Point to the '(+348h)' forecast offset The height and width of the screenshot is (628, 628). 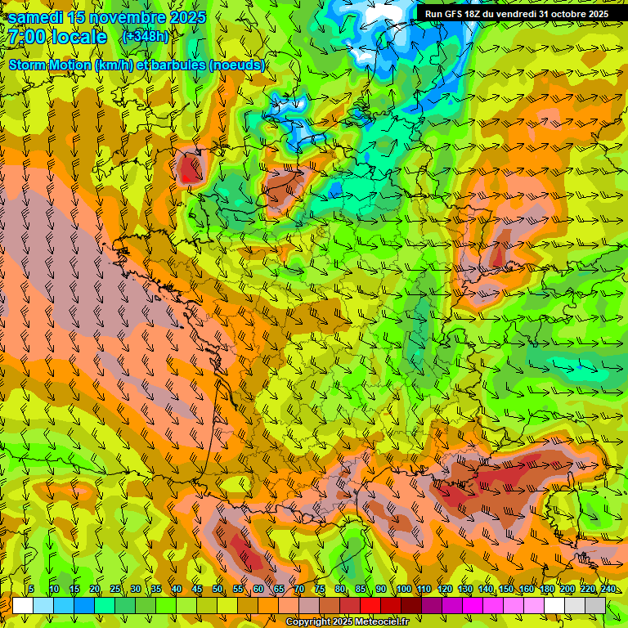[146, 36]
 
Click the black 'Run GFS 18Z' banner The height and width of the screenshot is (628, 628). [516, 14]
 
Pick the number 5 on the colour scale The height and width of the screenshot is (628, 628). [31, 589]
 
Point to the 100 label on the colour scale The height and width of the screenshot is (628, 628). [403, 589]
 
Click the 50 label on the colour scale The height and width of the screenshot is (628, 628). [218, 589]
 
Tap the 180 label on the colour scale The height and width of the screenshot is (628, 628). [546, 589]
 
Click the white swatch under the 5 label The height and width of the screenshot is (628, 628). [23, 605]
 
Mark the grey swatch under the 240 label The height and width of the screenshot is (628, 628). [595, 605]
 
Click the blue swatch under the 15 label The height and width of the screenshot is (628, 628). [84, 605]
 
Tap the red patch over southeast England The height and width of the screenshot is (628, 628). [190, 168]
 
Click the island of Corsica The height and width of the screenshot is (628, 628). [567, 509]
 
